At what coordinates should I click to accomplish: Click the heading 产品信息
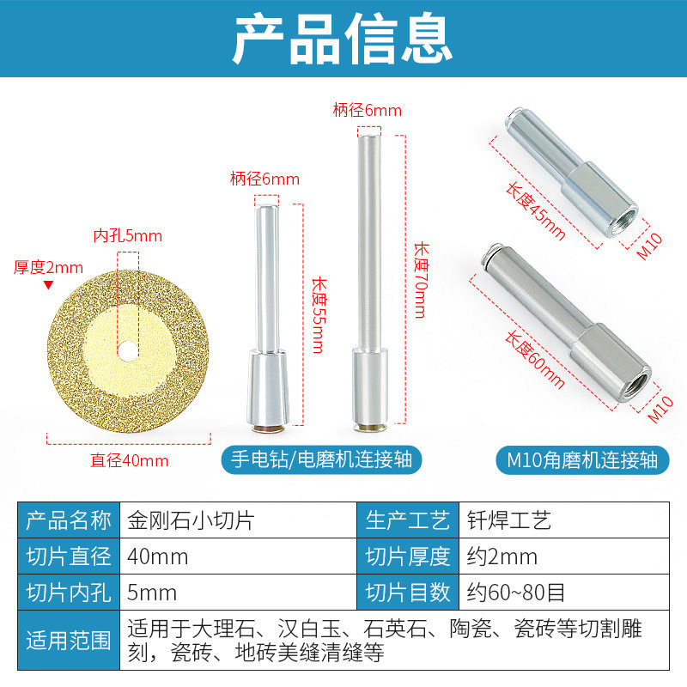tap(343, 38)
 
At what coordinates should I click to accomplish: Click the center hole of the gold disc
tap(127, 350)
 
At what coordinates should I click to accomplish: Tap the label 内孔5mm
tap(127, 236)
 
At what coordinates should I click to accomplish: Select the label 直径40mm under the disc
tap(130, 460)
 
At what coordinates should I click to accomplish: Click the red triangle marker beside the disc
tap(49, 284)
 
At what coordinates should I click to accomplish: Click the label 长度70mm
tap(420, 279)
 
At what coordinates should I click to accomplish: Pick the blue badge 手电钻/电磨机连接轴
tap(322, 459)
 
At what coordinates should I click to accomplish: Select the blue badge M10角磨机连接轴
tap(581, 459)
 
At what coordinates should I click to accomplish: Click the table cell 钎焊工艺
tap(506, 520)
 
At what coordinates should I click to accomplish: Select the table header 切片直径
tap(69, 556)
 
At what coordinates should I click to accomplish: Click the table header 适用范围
tap(69, 641)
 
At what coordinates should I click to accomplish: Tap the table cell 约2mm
tap(502, 556)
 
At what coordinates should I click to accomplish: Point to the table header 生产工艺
tap(408, 520)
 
